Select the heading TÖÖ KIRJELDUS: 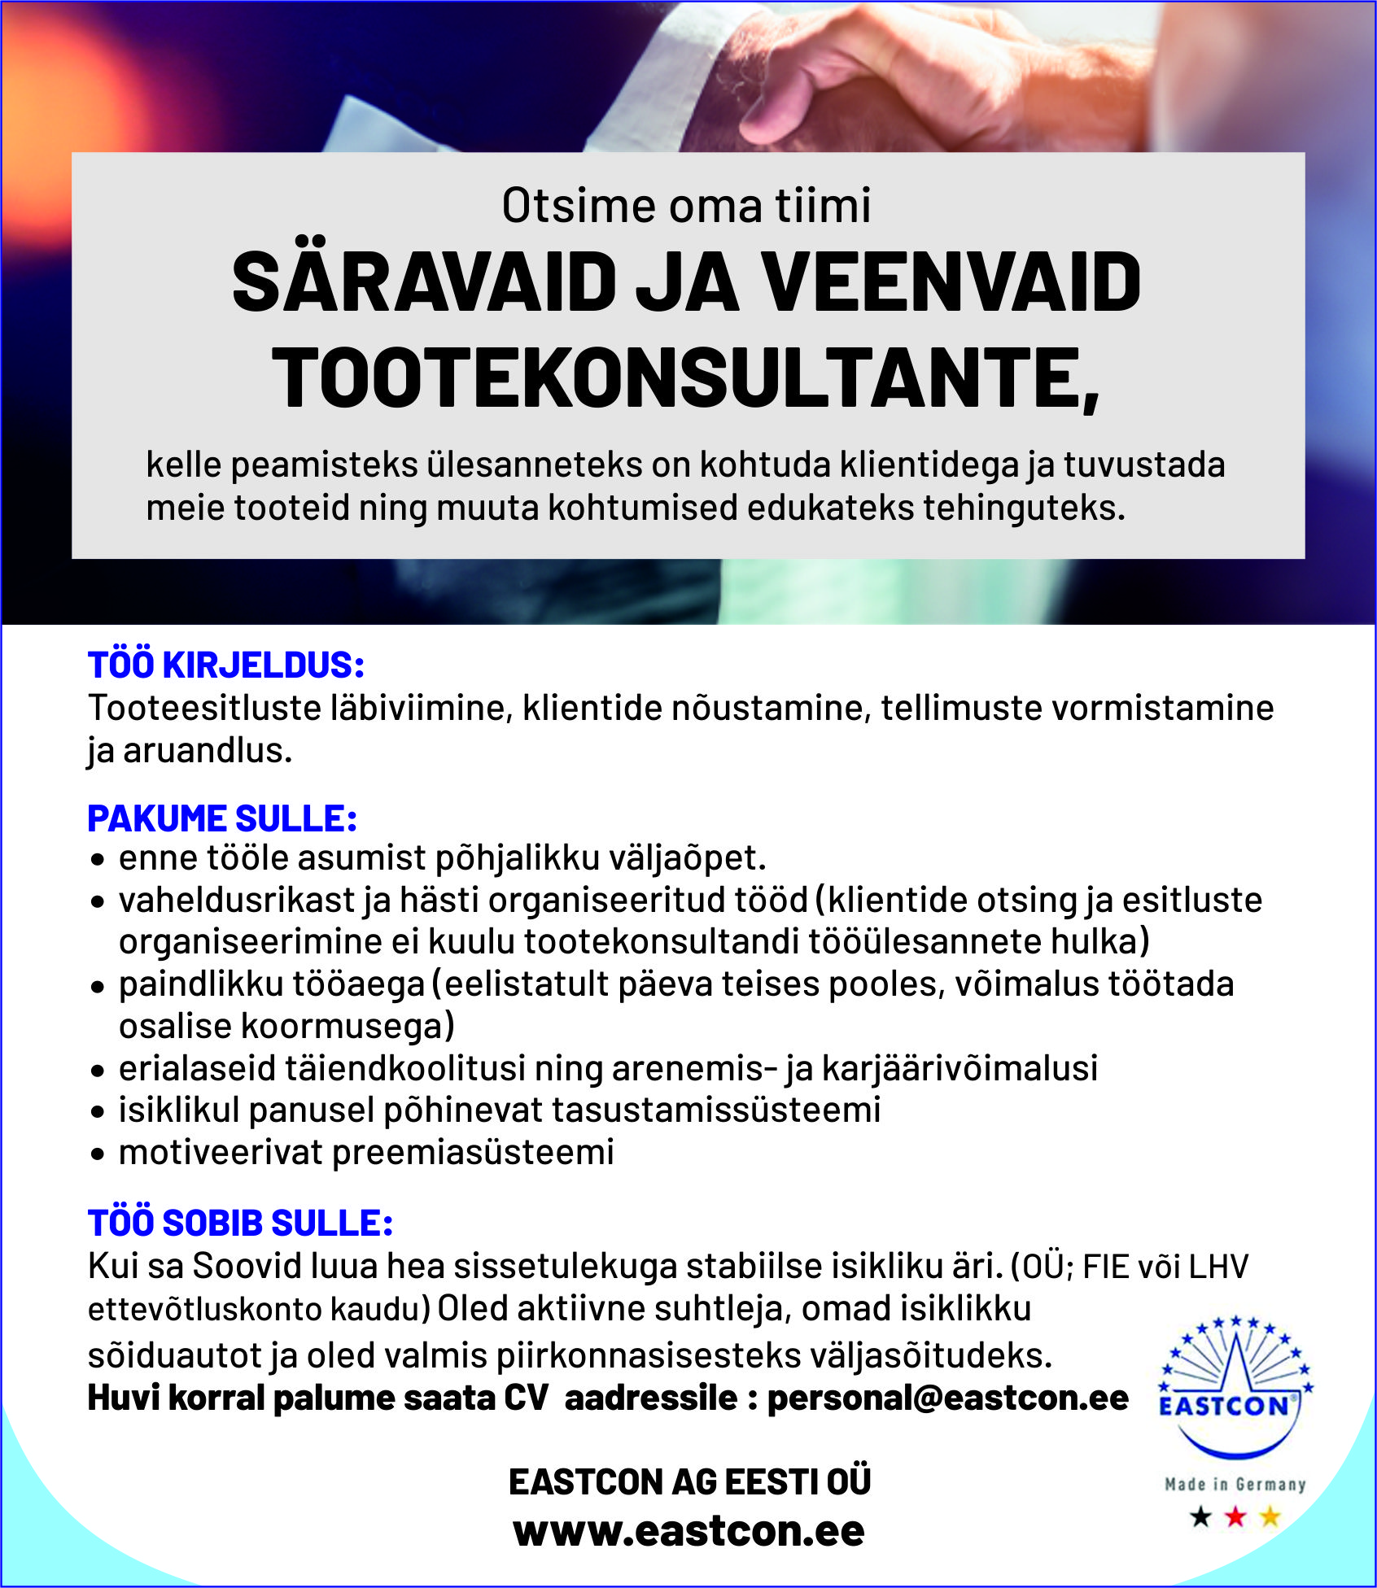tap(225, 665)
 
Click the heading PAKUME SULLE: tap(222, 819)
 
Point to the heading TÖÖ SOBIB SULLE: tap(240, 1224)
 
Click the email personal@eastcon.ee tap(948, 1398)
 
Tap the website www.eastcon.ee tap(688, 1532)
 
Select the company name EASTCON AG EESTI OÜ tap(689, 1482)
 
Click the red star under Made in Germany tap(1235, 1516)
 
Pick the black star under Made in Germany tap(1200, 1516)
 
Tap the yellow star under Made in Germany tap(1270, 1516)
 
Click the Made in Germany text tap(1235, 1485)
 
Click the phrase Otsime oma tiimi tap(686, 205)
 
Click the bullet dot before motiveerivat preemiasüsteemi tap(98, 1154)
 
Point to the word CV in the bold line tap(526, 1398)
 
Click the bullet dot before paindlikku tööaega tap(98, 986)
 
